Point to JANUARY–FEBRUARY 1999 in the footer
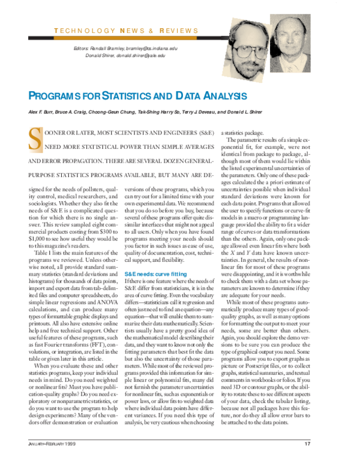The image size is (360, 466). (x=52, y=444)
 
